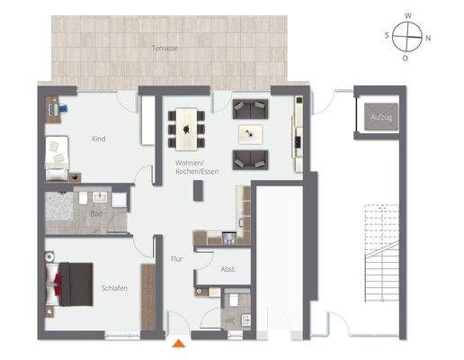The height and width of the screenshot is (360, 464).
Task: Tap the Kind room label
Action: [99, 139]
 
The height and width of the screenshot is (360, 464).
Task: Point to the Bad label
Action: [96, 213]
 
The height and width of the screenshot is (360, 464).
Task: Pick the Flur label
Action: [176, 259]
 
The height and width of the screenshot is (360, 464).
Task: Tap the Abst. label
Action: [228, 269]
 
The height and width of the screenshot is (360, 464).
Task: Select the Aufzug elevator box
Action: [377, 118]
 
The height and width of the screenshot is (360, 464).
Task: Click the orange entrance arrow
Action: [180, 342]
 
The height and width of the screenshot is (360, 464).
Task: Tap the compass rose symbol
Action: [409, 37]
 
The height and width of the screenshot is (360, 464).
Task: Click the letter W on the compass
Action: [409, 15]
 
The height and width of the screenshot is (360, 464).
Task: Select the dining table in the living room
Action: [187, 128]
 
